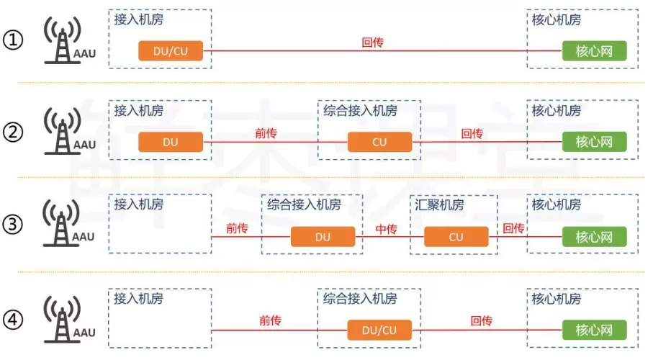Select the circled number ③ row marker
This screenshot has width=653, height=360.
click(14, 225)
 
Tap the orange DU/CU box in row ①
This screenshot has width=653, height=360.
click(171, 50)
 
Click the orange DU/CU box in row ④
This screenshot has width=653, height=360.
click(379, 330)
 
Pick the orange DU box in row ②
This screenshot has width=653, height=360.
click(171, 143)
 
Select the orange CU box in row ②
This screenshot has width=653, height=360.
click(379, 143)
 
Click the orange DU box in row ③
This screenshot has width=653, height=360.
click(323, 237)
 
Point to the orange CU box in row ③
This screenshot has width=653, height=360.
click(456, 237)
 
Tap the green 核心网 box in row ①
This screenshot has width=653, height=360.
click(594, 50)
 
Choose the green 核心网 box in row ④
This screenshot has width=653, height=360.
click(594, 330)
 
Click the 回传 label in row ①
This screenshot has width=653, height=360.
click(372, 42)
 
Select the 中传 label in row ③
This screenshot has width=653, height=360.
click(386, 229)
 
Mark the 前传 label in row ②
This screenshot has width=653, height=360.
click(266, 134)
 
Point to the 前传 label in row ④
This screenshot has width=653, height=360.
click(270, 321)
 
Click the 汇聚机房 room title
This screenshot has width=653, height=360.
click(439, 204)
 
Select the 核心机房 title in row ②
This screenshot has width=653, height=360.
click(557, 111)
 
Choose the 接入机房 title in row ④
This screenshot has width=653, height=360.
click(138, 298)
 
